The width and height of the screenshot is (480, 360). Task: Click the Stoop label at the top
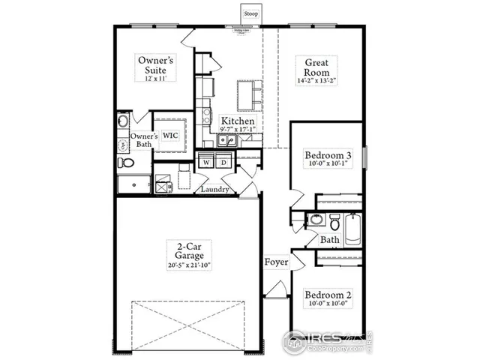(x=250, y=13)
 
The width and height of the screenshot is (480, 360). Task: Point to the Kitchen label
(x=238, y=121)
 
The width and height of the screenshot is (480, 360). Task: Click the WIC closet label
(x=170, y=136)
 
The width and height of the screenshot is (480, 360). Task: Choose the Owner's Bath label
(x=145, y=139)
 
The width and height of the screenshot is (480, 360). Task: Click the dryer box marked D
(x=223, y=162)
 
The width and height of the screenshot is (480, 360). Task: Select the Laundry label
(x=214, y=190)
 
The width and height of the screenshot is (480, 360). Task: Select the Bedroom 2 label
(x=328, y=295)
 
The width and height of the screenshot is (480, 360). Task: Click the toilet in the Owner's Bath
(x=126, y=163)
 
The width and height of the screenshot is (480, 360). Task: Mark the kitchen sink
(x=226, y=139)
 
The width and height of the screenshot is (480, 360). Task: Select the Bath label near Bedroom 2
(x=330, y=240)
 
